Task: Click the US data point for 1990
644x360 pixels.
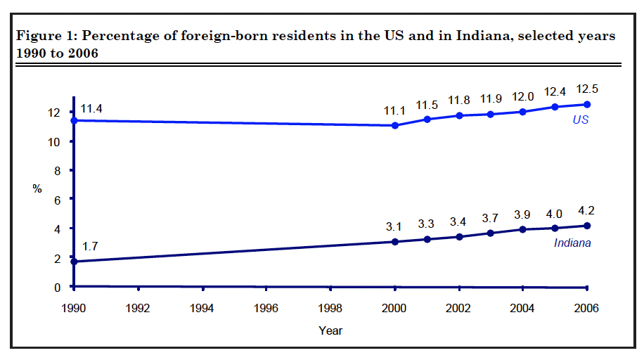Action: click(74, 120)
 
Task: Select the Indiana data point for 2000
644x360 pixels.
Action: click(395, 242)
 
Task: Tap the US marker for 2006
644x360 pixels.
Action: click(587, 104)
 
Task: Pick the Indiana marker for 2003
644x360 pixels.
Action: click(491, 233)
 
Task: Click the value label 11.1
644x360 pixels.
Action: click(395, 111)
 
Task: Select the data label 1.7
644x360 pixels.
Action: click(90, 247)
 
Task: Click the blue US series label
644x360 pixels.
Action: click(580, 120)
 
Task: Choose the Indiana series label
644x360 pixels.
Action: click(572, 243)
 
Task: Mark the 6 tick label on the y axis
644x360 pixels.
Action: click(58, 200)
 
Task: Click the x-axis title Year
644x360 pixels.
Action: click(330, 330)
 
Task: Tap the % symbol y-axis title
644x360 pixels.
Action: click(37, 188)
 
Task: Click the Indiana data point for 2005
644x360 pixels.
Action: click(555, 228)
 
